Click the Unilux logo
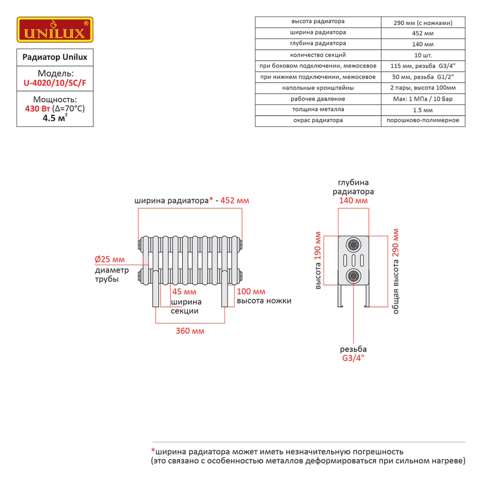(x=55, y=29)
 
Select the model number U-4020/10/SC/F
(x=55, y=83)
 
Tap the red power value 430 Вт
(x=37, y=109)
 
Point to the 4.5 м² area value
(x=55, y=118)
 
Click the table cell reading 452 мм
(x=423, y=33)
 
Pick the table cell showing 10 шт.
(x=423, y=55)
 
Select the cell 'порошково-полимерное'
(x=423, y=120)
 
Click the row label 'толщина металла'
(x=318, y=109)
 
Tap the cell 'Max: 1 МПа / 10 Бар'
(x=423, y=99)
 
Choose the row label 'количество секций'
(x=318, y=55)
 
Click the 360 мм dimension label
(x=190, y=331)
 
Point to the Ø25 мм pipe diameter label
(x=110, y=259)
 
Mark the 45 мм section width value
(x=184, y=292)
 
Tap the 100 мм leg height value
(x=251, y=291)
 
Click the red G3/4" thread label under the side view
(x=353, y=358)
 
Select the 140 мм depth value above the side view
(x=353, y=200)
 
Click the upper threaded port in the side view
(x=353, y=245)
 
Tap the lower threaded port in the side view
(x=353, y=276)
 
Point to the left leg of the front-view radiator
(x=156, y=289)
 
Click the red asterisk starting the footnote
(x=153, y=450)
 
